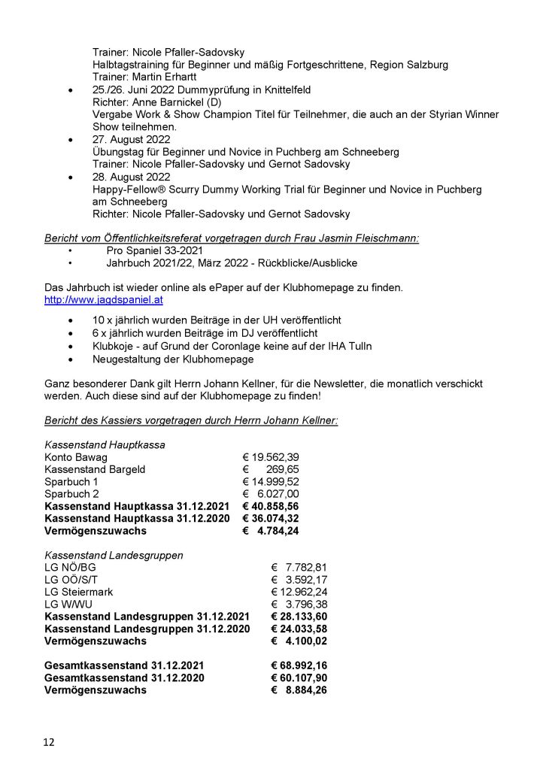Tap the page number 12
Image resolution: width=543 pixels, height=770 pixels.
click(49, 742)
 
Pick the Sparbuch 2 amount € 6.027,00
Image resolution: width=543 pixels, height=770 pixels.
click(271, 493)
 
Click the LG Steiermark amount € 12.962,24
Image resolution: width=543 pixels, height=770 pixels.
click(299, 592)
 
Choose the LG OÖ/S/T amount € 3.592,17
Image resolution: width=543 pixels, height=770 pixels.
click(299, 580)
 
